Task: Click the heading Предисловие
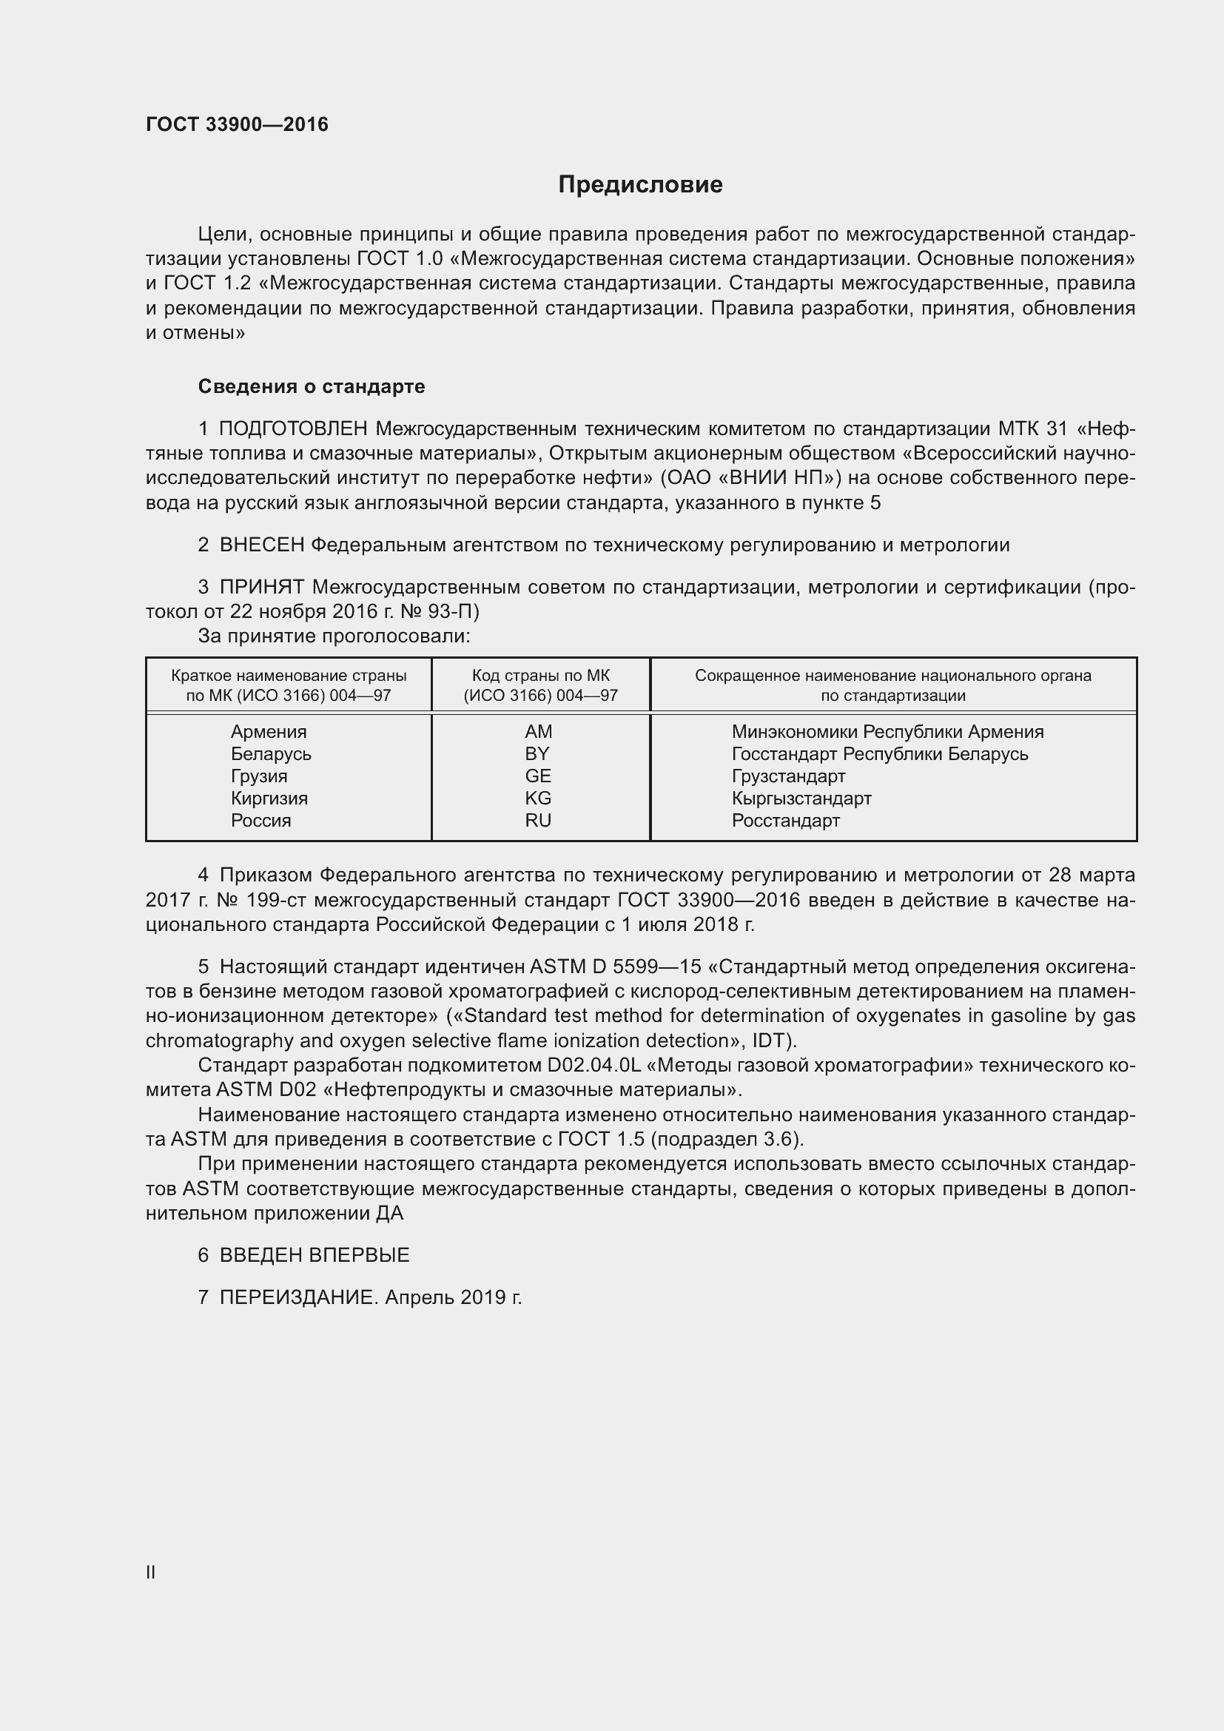pos(640,185)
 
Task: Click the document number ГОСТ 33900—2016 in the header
pos(237,124)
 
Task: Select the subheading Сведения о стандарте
pos(312,387)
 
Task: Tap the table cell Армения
pos(269,731)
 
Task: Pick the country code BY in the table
pos(537,754)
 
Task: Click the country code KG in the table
pos(538,799)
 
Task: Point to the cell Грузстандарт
pos(788,776)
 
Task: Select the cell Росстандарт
pos(785,820)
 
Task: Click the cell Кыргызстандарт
pos(801,799)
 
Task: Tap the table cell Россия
pos(260,820)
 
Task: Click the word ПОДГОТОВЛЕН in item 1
pos(293,429)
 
